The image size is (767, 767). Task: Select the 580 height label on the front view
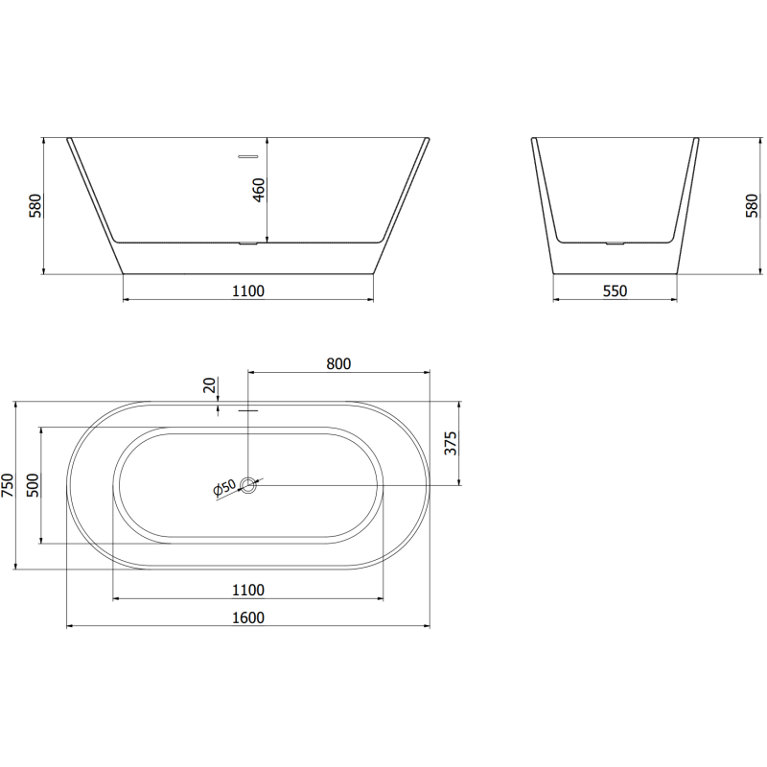pos(35,206)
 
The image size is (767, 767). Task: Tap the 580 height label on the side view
pos(751,206)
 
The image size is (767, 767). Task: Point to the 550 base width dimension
pos(615,291)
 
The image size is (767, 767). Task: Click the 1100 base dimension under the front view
pos(248,291)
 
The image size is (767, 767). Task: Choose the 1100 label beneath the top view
pos(248,590)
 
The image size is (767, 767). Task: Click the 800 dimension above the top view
pos(338,363)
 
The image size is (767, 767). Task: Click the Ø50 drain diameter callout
pos(223,489)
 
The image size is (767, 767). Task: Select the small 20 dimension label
pos(209,385)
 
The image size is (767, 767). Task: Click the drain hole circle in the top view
pos(248,485)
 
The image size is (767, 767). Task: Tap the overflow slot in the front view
pos(248,154)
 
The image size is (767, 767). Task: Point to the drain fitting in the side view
pos(615,243)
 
